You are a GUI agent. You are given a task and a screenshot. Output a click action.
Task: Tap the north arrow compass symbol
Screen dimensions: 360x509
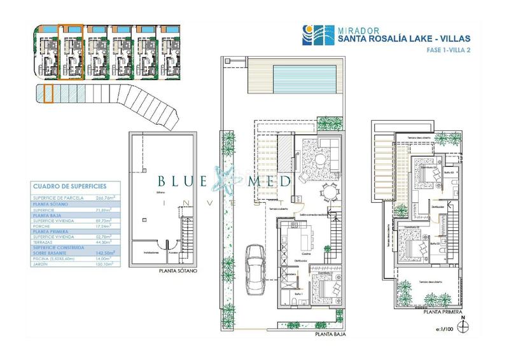(x=466, y=325)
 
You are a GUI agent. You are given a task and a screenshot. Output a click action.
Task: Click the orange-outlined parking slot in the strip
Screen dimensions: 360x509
(x=47, y=95)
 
